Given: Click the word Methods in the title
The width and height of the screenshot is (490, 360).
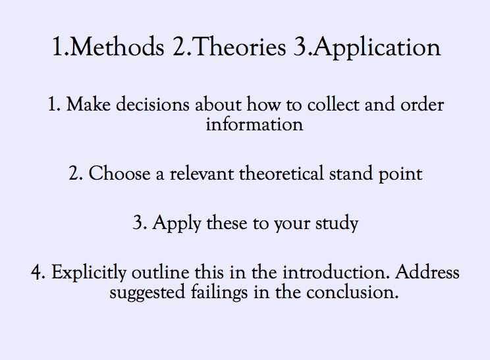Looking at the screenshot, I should [115, 48].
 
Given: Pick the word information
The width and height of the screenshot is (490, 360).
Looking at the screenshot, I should [254, 124].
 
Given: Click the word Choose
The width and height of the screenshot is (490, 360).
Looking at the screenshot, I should [117, 174].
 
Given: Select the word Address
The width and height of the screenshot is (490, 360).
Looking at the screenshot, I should [428, 272].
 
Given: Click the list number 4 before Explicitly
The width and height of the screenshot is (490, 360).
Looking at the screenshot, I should [36, 273].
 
